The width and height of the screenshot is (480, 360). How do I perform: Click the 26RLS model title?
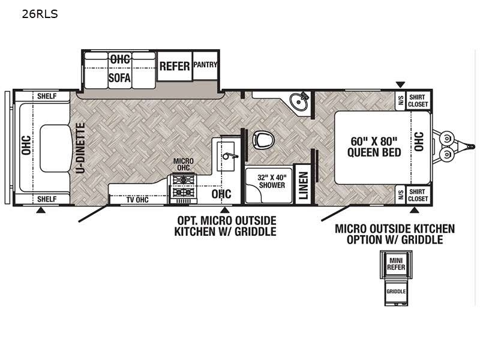point(40,14)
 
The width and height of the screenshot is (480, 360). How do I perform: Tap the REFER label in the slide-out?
point(175,66)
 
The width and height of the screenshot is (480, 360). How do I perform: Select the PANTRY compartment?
point(205,65)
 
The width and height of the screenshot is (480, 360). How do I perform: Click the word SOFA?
point(119,78)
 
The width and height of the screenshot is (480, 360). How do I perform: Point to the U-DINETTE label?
point(80,148)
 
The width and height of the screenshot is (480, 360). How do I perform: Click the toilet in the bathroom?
point(263,140)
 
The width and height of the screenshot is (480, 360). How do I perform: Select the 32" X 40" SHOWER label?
point(272,181)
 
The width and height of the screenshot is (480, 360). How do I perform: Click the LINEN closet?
point(303,185)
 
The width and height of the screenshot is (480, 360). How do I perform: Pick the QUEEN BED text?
point(374,152)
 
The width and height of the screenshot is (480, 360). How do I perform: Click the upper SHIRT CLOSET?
point(418,100)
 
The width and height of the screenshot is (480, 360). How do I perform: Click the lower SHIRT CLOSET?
point(418,195)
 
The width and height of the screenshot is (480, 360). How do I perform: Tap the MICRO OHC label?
point(184,164)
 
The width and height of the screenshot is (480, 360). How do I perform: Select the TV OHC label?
point(138,200)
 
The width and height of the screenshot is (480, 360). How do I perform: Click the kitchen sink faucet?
point(230,156)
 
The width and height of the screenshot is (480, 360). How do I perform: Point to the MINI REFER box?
point(396,264)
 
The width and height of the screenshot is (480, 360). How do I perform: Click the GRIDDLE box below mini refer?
point(396,292)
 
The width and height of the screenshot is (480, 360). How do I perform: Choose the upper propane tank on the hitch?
point(446,139)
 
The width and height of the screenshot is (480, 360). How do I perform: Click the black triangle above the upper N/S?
point(400,85)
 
